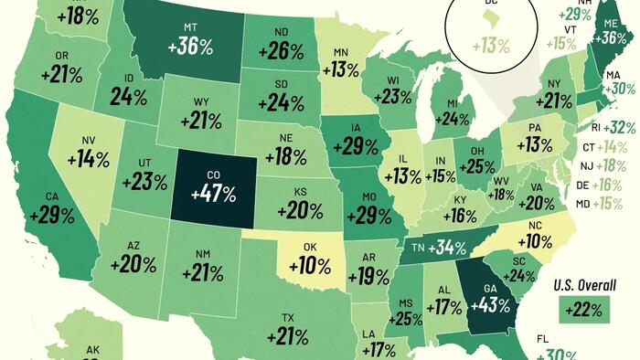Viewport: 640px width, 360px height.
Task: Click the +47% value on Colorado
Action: coord(213,193)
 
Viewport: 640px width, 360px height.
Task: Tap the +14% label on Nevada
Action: coord(88,156)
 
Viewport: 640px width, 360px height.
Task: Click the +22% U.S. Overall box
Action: coord(582,310)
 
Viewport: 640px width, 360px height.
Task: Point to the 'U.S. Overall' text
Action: coord(582,285)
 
